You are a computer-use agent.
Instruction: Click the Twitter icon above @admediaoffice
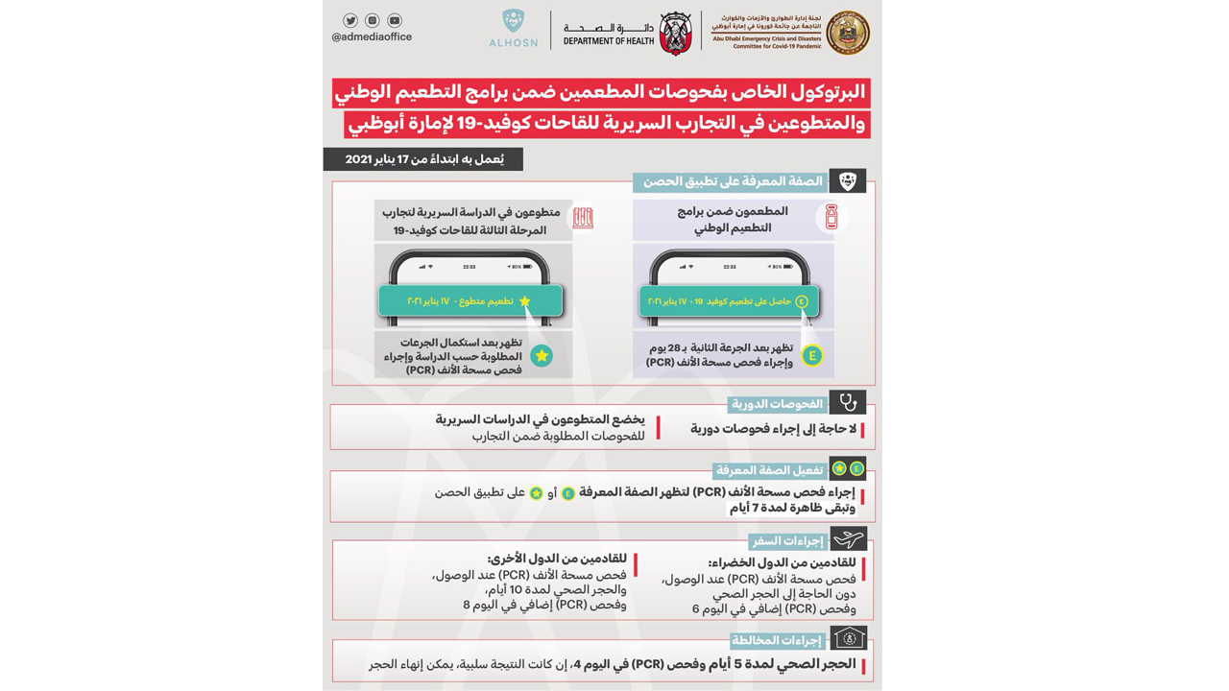coord(350,20)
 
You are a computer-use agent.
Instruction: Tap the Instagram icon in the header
coord(373,20)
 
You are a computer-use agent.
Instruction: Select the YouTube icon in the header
coord(395,20)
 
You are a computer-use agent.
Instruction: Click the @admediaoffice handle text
coord(372,37)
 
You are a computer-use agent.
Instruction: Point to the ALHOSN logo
coord(514,29)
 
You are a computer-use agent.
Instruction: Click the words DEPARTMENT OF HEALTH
coord(609,41)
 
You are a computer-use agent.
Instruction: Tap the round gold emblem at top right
coord(848,33)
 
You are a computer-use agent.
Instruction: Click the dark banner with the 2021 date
coord(423,159)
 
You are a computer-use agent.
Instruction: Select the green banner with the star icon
coord(470,300)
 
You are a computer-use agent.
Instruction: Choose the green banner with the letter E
coord(729,301)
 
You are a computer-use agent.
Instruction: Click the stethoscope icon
coord(847,402)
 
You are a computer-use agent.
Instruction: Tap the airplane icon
coord(847,538)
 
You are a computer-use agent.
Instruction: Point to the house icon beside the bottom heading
coord(849,638)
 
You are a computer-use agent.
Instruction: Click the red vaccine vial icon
coord(831,218)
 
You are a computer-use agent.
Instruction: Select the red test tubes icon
coord(583,218)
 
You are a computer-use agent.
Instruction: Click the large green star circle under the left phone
coord(542,356)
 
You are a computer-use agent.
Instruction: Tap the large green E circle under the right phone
coord(812,356)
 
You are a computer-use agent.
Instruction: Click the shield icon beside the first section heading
coord(847,180)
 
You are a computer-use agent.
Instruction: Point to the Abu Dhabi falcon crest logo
coord(676,33)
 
